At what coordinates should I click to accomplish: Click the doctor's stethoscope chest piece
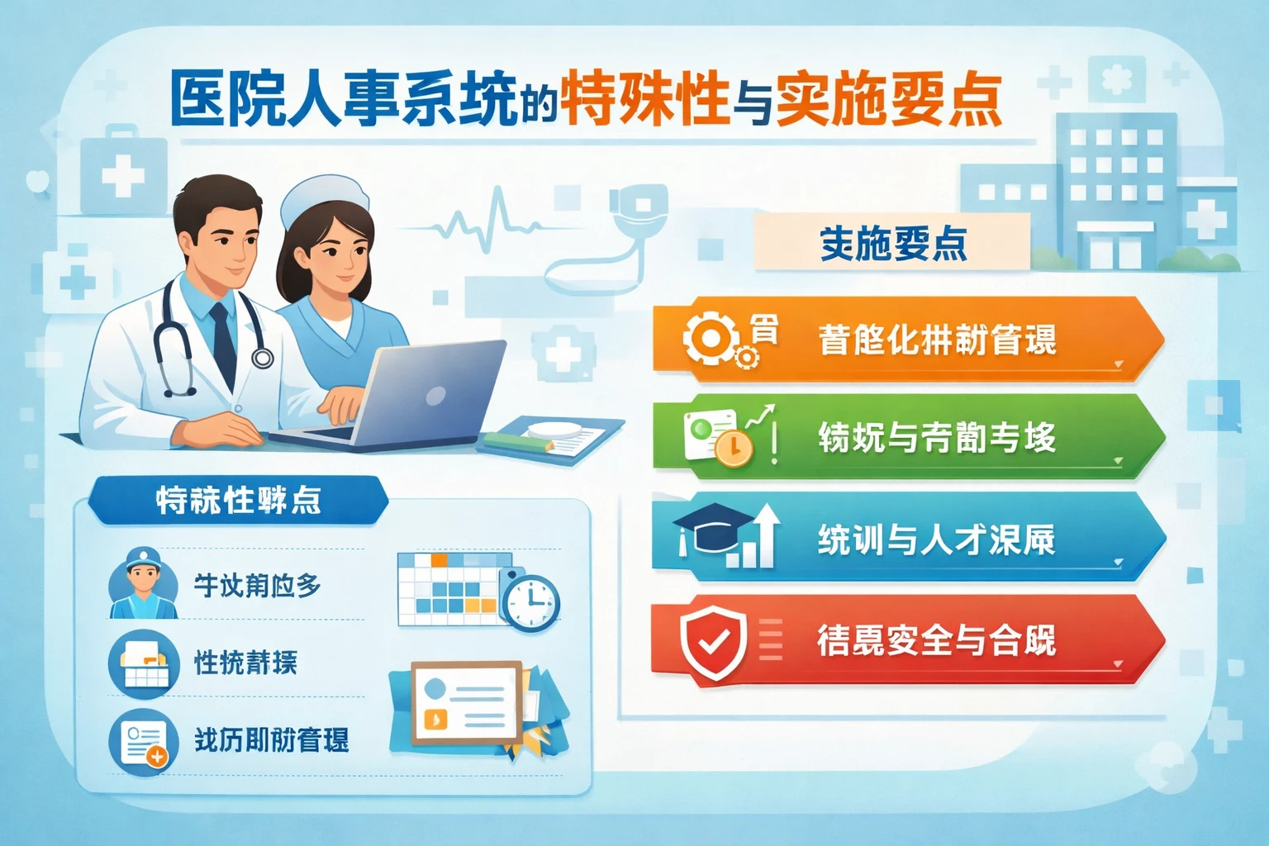tap(263, 358)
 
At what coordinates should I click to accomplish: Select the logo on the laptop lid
tap(435, 396)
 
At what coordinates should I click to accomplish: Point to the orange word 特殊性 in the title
tap(645, 100)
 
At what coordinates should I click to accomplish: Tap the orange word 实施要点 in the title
tap(888, 100)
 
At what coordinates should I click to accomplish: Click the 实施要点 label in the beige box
tap(892, 243)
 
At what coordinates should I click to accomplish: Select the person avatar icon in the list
tap(143, 583)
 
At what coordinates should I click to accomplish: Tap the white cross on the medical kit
tap(123, 176)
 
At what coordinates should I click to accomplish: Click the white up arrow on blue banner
tap(765, 533)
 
